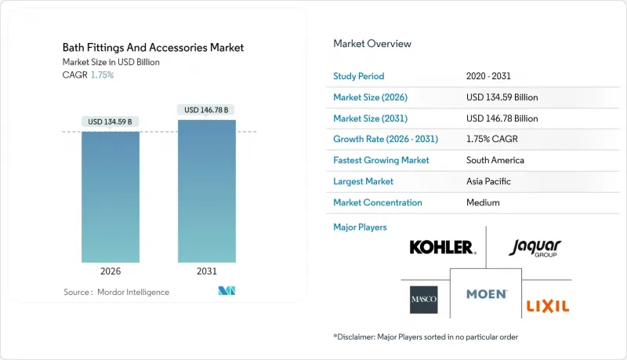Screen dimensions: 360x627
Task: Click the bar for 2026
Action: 111,196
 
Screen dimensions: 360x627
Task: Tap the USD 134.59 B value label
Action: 111,122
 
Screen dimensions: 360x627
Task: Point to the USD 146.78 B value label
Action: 207,110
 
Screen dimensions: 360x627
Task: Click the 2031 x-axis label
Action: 207,271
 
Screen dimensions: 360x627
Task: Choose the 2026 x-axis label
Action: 111,271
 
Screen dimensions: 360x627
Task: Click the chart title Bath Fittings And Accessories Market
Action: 154,48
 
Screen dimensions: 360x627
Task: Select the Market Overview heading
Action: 372,44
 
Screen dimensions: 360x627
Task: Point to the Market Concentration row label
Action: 378,202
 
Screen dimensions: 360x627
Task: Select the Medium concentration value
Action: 482,202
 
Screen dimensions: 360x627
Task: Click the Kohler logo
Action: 442,248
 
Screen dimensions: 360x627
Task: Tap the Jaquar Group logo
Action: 535,248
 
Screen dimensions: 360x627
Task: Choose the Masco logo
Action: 424,300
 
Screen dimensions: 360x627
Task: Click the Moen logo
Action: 486,295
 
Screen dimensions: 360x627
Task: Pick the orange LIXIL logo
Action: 547,305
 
